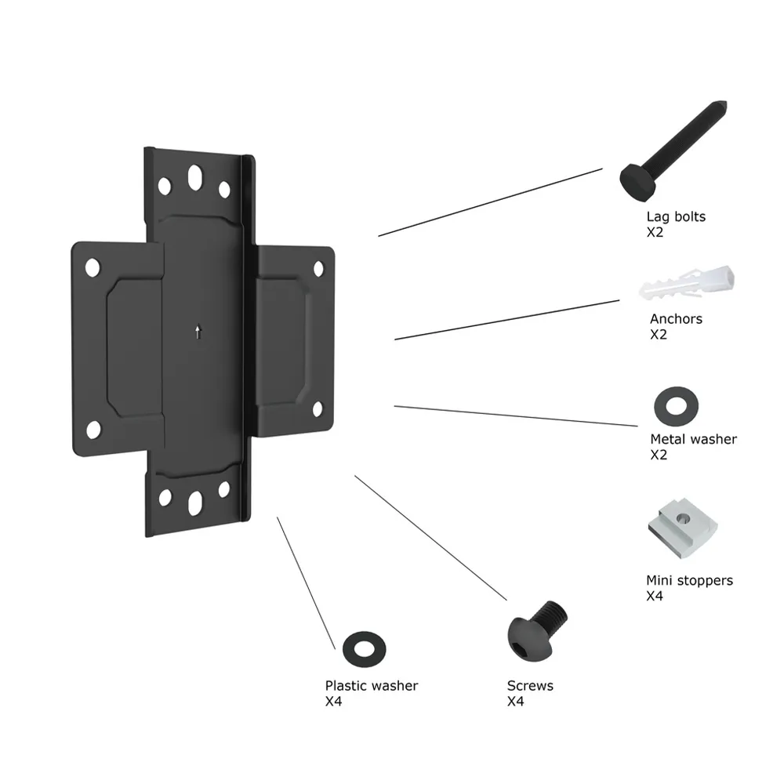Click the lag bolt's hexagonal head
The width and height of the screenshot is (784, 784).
[x=637, y=181]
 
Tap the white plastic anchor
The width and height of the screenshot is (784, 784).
[x=687, y=284]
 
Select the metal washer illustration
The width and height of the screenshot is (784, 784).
[x=676, y=406]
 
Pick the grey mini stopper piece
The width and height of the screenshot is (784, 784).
[x=683, y=528]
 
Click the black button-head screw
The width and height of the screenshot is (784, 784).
[x=536, y=631]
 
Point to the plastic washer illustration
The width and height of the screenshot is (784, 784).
[x=364, y=649]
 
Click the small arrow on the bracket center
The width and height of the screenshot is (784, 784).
[x=198, y=332]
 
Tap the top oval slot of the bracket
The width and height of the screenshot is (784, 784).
[x=195, y=177]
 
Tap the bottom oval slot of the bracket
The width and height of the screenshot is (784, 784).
[x=195, y=503]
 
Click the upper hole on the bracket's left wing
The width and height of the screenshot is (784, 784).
[x=93, y=267]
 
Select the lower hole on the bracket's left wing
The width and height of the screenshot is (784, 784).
[x=93, y=430]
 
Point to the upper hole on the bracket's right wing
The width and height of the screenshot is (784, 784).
[x=318, y=268]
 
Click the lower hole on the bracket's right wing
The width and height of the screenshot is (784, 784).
[x=318, y=409]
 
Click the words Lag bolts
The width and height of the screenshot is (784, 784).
[x=676, y=217]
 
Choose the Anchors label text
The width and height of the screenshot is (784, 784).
[x=676, y=319]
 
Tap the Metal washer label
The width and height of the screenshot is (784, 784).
[x=694, y=439]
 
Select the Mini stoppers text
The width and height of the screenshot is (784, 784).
[x=689, y=580]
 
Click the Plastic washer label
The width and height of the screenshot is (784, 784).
[x=372, y=685]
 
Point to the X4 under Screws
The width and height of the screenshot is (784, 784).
[x=516, y=702]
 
